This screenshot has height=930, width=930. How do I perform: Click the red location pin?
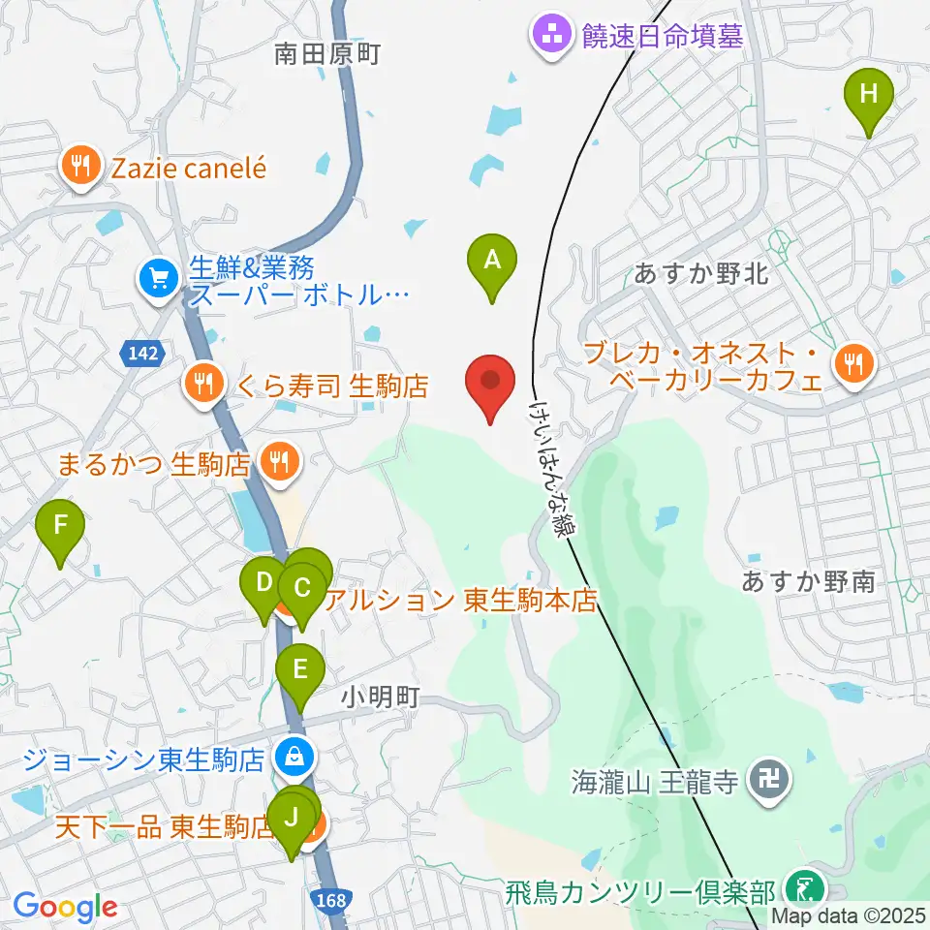[x=491, y=379]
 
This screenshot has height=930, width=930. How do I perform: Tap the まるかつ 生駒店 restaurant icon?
[x=279, y=462]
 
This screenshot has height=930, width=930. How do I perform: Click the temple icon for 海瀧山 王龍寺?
[x=771, y=777]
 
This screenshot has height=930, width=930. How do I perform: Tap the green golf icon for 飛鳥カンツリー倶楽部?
[x=804, y=887]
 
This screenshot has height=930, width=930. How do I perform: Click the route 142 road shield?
[x=142, y=355]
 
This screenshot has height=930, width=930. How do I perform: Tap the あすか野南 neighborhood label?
[x=808, y=581]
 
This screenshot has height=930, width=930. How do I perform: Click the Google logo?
[x=65, y=907]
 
